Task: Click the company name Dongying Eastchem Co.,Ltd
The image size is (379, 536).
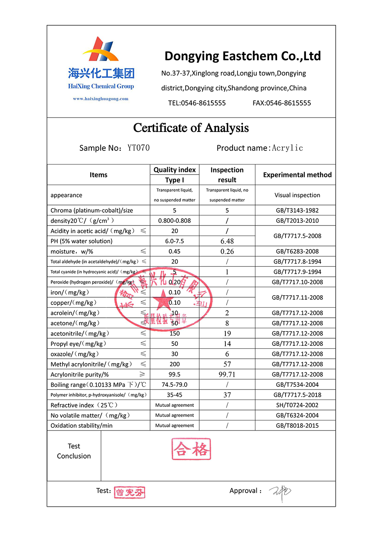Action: coord(243,56)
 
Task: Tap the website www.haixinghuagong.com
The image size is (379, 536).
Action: coord(101,99)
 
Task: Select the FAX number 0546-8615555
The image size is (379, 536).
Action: coord(282,103)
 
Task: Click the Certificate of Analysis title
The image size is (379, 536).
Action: coord(191,128)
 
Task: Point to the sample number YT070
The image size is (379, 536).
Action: coord(138,148)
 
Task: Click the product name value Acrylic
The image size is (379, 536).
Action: coord(287,148)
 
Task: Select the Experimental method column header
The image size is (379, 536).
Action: coord(297,175)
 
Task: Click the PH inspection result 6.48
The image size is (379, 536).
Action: coord(227,241)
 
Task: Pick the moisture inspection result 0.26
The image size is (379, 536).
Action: coord(227,252)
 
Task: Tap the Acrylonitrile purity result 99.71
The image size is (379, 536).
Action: coord(227,374)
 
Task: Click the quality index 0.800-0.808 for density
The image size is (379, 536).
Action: coord(174,221)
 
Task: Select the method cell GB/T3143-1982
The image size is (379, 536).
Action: coord(297,210)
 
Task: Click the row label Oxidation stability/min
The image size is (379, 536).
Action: coord(81,426)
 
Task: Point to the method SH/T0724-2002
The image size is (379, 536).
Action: coord(297,405)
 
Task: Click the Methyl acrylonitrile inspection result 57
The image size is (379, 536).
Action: coord(227,364)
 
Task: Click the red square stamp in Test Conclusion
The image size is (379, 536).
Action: coord(191,449)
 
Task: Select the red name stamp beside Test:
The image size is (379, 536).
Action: coord(130,492)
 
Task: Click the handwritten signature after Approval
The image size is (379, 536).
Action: coord(280,492)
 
